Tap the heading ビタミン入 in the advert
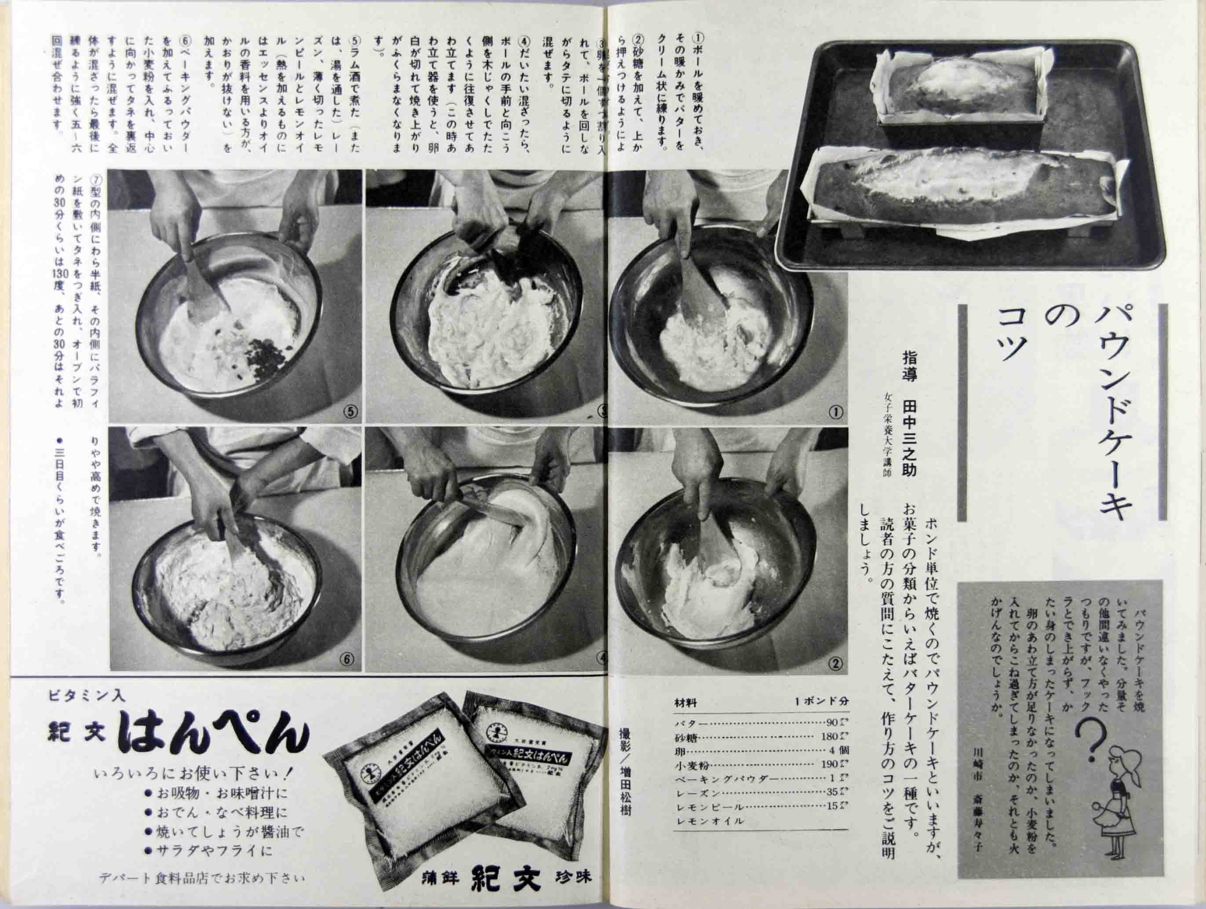tap(87, 696)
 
